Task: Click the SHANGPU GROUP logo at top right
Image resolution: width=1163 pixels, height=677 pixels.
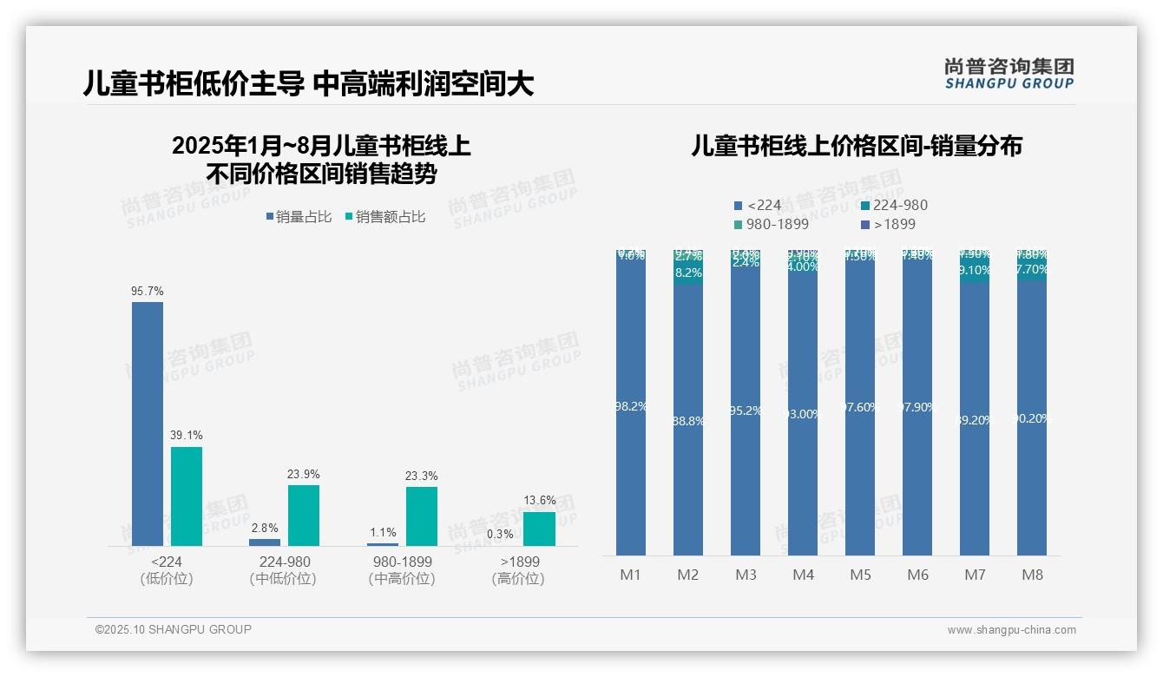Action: pos(1009,73)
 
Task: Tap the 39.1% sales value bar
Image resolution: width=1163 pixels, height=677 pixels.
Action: pos(187,496)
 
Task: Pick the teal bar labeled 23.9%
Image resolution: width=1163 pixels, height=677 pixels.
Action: pos(304,515)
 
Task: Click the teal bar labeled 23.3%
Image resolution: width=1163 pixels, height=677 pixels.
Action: pos(422,516)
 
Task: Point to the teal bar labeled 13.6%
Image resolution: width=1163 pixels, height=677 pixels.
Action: pos(539,529)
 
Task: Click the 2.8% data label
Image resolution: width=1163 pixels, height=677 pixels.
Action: pos(265,529)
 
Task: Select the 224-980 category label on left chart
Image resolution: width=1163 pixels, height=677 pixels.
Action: pos(284,562)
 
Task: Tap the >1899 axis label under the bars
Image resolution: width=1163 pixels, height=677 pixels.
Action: pos(518,562)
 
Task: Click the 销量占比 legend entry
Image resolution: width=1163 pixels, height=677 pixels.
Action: pos(299,217)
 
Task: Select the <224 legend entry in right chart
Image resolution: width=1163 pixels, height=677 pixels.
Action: pos(758,205)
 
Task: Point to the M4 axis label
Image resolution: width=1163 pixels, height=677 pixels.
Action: pos(803,575)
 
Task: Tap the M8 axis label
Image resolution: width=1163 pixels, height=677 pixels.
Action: pos(1032,575)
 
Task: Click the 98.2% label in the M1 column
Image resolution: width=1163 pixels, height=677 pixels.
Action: pos(631,405)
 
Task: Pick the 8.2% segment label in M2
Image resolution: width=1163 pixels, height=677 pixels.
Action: pos(688,273)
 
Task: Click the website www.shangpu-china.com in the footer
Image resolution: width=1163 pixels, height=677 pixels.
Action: pos(1011,630)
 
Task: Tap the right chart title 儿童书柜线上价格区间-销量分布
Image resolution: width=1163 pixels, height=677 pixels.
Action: pos(857,146)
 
